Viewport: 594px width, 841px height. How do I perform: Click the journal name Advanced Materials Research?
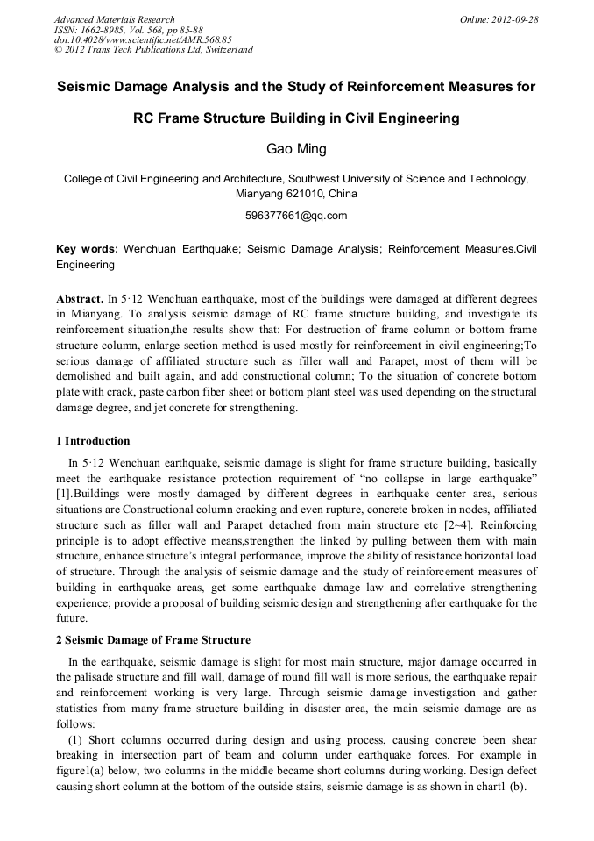115,19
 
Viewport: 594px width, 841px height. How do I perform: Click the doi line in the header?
143,39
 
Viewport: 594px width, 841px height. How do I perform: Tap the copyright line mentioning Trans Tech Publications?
153,50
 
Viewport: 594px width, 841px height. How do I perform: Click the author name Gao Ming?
296,148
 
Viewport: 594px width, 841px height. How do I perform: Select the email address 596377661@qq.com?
297,215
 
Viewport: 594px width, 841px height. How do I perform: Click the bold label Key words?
87,249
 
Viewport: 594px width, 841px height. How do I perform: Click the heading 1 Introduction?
93,441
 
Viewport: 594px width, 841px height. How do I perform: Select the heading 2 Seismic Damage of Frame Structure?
153,639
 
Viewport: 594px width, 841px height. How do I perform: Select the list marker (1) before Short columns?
75,738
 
